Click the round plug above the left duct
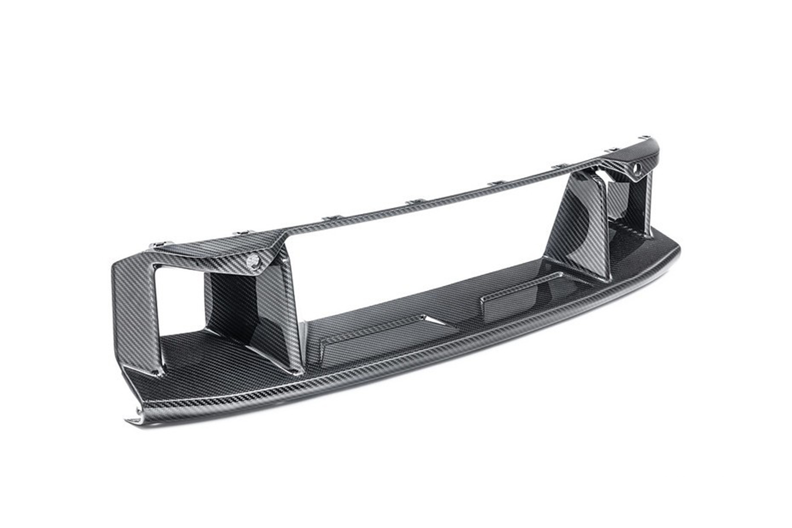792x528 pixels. coord(253,260)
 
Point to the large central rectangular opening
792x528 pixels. coord(418,255)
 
